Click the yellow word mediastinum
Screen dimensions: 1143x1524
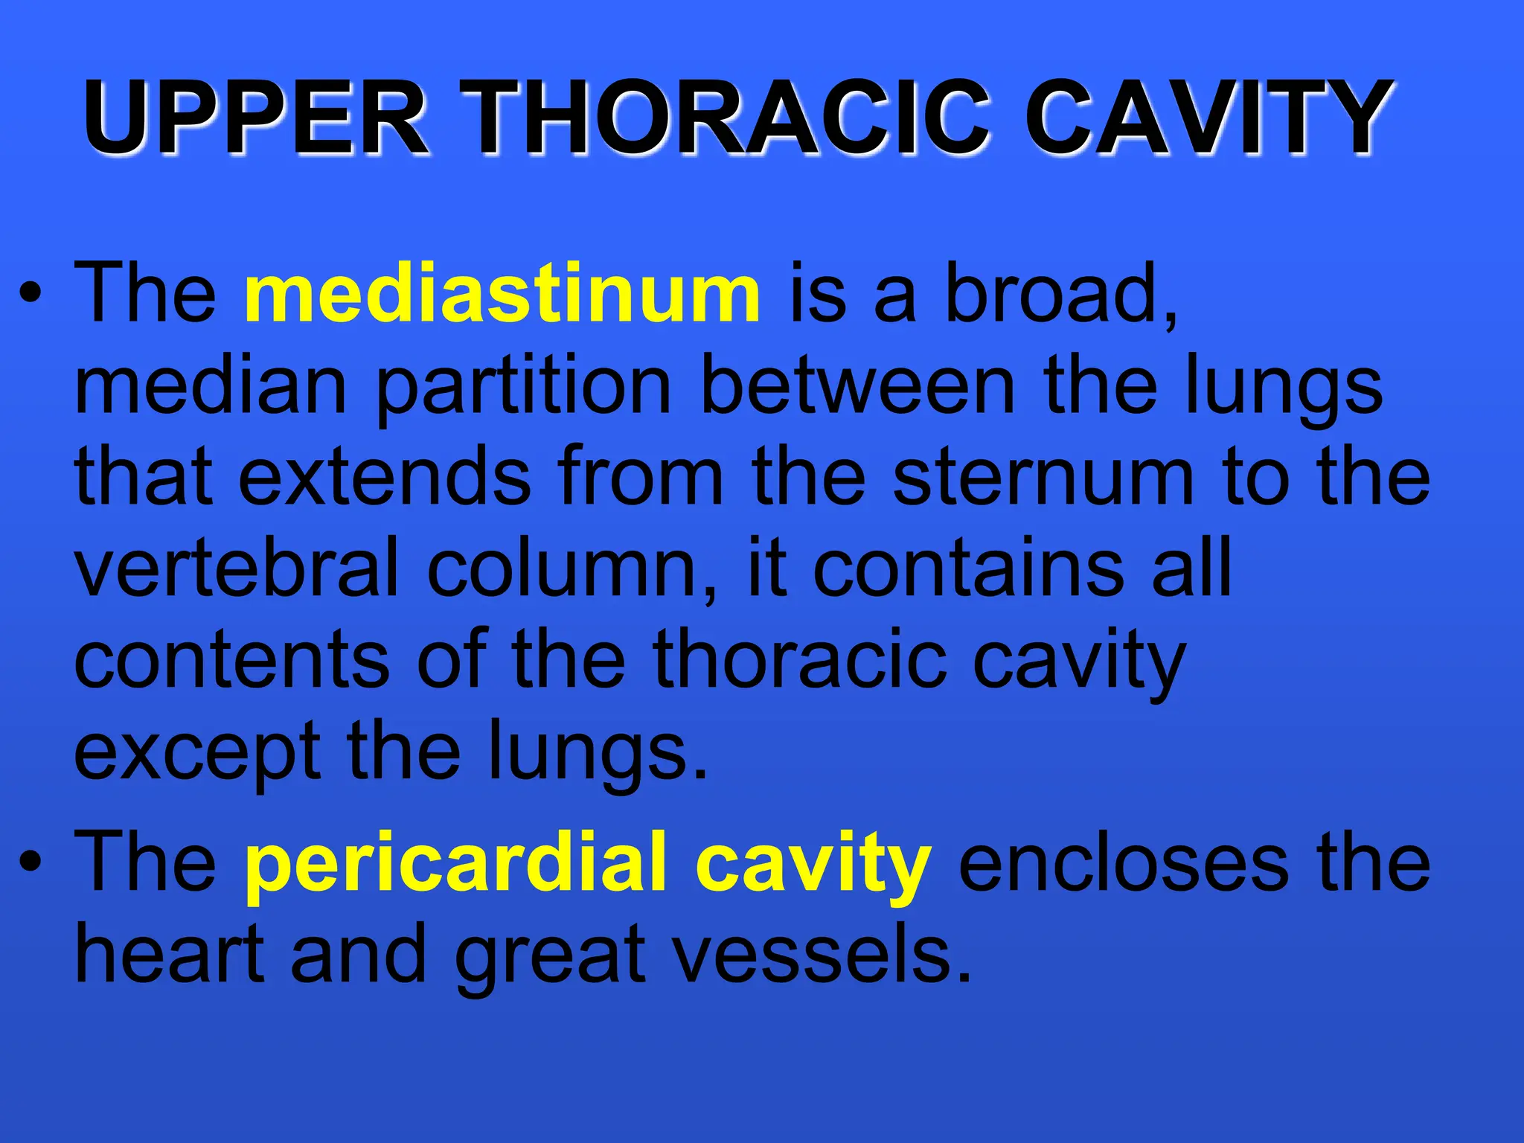point(502,294)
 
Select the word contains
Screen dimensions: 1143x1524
point(967,570)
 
